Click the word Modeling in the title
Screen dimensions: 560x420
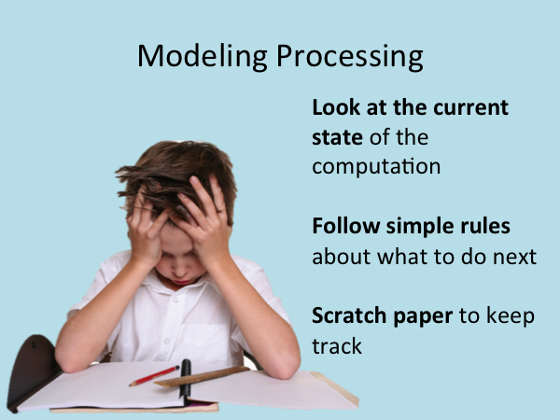point(203,56)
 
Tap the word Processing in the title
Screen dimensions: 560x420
point(350,56)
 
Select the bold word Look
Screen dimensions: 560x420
point(336,107)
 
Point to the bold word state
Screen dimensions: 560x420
point(338,138)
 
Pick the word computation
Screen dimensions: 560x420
point(376,166)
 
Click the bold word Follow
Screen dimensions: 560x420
point(346,226)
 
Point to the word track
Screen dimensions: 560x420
point(337,345)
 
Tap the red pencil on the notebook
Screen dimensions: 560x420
point(154,376)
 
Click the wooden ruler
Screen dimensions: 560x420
point(202,377)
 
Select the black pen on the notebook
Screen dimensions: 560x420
point(185,381)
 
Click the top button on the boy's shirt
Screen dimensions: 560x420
point(175,300)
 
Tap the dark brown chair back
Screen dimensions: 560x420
point(32,368)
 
